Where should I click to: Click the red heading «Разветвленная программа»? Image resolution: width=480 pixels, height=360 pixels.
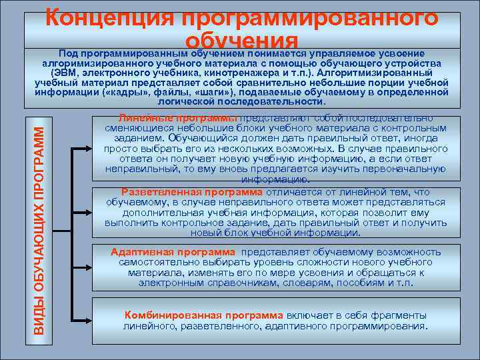pos(183,191)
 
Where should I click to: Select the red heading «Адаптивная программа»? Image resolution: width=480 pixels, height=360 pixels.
pos(173,252)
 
